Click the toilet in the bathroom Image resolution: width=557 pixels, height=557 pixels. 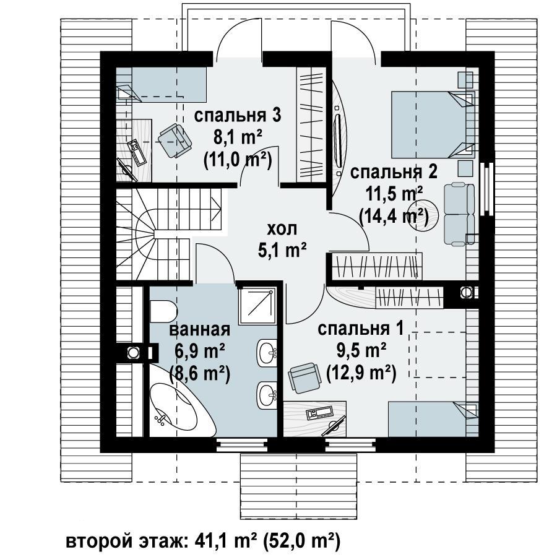pyautogui.click(x=163, y=311)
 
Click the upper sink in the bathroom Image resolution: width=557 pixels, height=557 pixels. pyautogui.click(x=266, y=352)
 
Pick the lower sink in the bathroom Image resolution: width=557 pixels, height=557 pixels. pyautogui.click(x=266, y=395)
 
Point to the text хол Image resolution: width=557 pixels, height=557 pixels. pyautogui.click(x=282, y=229)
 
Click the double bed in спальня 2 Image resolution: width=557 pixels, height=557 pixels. pyautogui.click(x=433, y=124)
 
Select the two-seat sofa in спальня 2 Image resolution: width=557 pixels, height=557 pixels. pyautogui.click(x=459, y=214)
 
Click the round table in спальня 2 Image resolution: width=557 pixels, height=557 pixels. pyautogui.click(x=423, y=215)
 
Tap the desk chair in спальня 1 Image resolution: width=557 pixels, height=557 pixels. pyautogui.click(x=305, y=378)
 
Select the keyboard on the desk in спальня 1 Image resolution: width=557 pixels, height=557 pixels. pyautogui.click(x=320, y=413)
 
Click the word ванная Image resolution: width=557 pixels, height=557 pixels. pyautogui.click(x=200, y=330)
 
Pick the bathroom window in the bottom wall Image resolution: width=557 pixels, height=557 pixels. pyautogui.click(x=242, y=444)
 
